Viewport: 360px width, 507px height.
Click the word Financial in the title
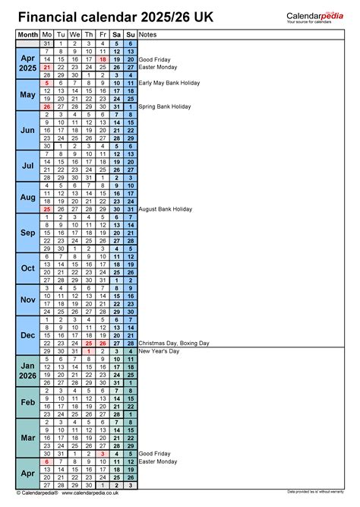pos(48,15)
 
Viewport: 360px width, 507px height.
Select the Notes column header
pos(149,35)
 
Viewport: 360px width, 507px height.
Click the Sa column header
pos(116,35)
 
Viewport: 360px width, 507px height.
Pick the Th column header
pos(89,35)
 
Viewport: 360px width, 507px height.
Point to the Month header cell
pos(27,35)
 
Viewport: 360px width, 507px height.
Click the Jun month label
pos(27,130)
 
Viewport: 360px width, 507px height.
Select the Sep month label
pos(27,233)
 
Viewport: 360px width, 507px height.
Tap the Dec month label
pos(27,335)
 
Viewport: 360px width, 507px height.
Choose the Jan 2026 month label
pos(27,370)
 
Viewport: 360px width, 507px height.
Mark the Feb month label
pos(27,402)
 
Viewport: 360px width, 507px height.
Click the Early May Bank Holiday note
pos(169,82)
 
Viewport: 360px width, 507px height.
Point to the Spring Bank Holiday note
pos(165,106)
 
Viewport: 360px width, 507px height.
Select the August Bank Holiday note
pos(166,209)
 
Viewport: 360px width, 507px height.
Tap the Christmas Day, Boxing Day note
pos(174,343)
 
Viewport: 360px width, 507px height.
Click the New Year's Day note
pos(159,351)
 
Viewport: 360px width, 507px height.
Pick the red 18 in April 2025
pos(103,59)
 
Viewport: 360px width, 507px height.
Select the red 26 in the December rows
pos(103,343)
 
